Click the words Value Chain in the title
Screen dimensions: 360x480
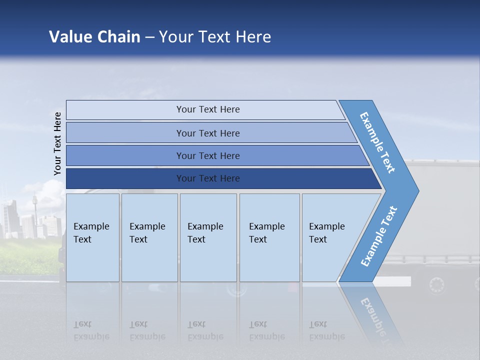click(94, 37)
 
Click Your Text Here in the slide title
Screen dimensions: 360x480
click(215, 37)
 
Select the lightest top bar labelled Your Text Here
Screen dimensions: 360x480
click(207, 109)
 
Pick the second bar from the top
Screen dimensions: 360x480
click(207, 133)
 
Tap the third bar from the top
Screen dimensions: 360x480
click(207, 155)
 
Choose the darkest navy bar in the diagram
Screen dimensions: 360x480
click(207, 178)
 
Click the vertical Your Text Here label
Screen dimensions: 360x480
click(57, 143)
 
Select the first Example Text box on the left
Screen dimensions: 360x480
click(92, 237)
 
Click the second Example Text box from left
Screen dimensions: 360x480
click(149, 237)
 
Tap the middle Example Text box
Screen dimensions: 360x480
click(208, 237)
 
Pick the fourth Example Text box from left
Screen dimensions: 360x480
click(269, 237)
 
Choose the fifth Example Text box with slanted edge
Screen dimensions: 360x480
click(330, 237)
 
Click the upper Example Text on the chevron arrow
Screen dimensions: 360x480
click(377, 142)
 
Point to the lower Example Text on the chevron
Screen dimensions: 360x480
click(378, 236)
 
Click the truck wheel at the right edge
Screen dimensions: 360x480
click(436, 285)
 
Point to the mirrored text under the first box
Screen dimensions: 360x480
click(91, 330)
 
